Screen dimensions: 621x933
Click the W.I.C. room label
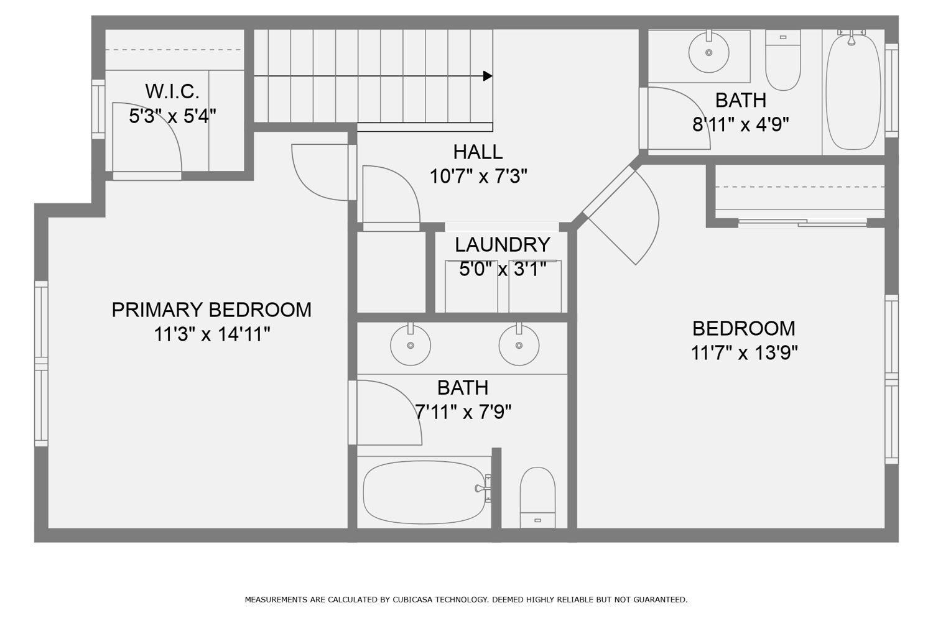point(172,91)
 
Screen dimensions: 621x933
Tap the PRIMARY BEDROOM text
point(211,310)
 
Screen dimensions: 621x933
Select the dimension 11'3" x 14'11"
point(211,335)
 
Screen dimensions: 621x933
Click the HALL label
point(478,152)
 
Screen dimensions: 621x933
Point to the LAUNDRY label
point(502,244)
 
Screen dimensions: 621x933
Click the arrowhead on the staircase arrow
point(488,76)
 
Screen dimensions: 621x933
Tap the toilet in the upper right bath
point(782,60)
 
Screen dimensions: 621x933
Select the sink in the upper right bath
point(708,52)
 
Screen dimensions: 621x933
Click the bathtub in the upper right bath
point(853,92)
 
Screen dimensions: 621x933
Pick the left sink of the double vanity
point(410,344)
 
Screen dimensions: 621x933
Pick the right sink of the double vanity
point(518,344)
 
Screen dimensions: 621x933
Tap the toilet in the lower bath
point(537,497)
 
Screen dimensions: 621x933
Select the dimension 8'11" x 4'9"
point(740,125)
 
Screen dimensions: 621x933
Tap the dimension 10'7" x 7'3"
point(478,177)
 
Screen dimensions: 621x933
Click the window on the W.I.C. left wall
point(98,109)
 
